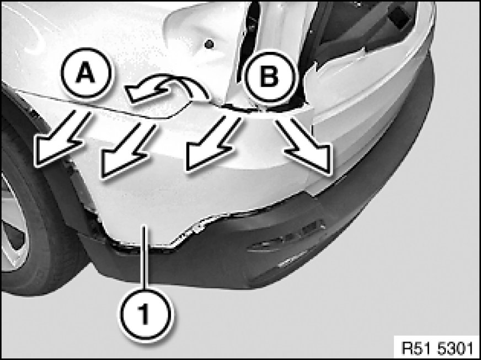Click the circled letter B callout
(269, 77)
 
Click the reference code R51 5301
(437, 348)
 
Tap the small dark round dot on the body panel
(209, 44)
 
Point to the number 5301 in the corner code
(455, 348)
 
